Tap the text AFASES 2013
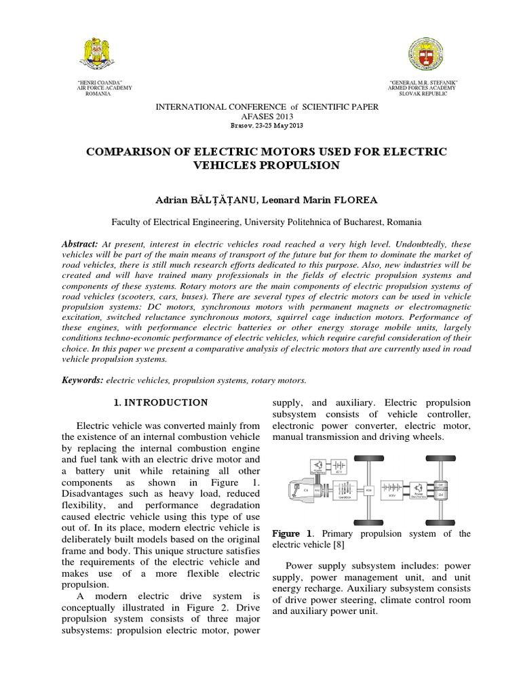tap(268, 117)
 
